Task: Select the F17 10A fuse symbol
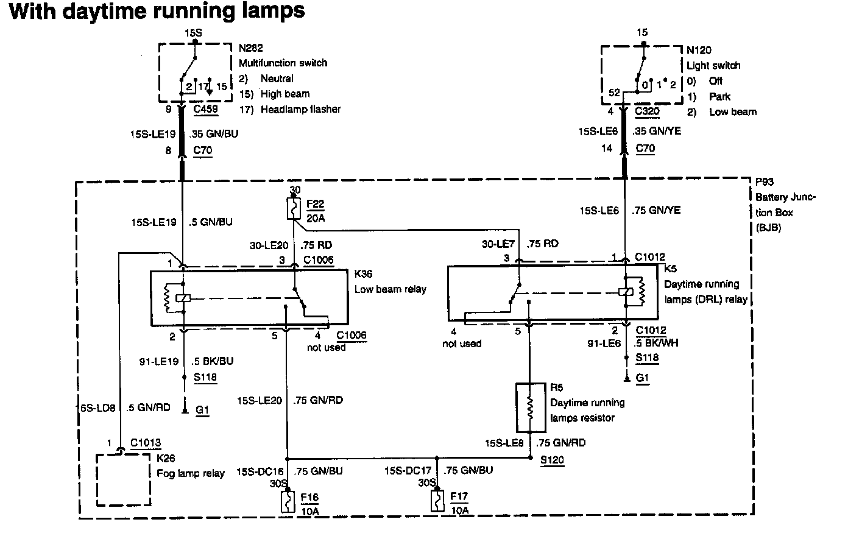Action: click(x=436, y=503)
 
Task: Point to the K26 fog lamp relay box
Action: click(x=124, y=479)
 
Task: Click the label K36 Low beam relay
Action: click(x=390, y=282)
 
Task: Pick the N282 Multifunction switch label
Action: click(x=283, y=56)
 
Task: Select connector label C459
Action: click(x=205, y=110)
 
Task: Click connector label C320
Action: click(x=647, y=111)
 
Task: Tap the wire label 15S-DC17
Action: click(x=408, y=470)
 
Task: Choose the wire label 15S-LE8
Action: click(x=504, y=443)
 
